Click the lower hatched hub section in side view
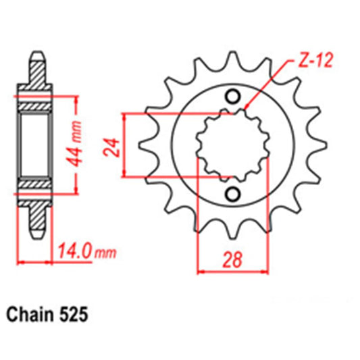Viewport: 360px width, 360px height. click(x=38, y=184)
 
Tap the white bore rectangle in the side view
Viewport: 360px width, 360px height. click(x=38, y=145)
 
